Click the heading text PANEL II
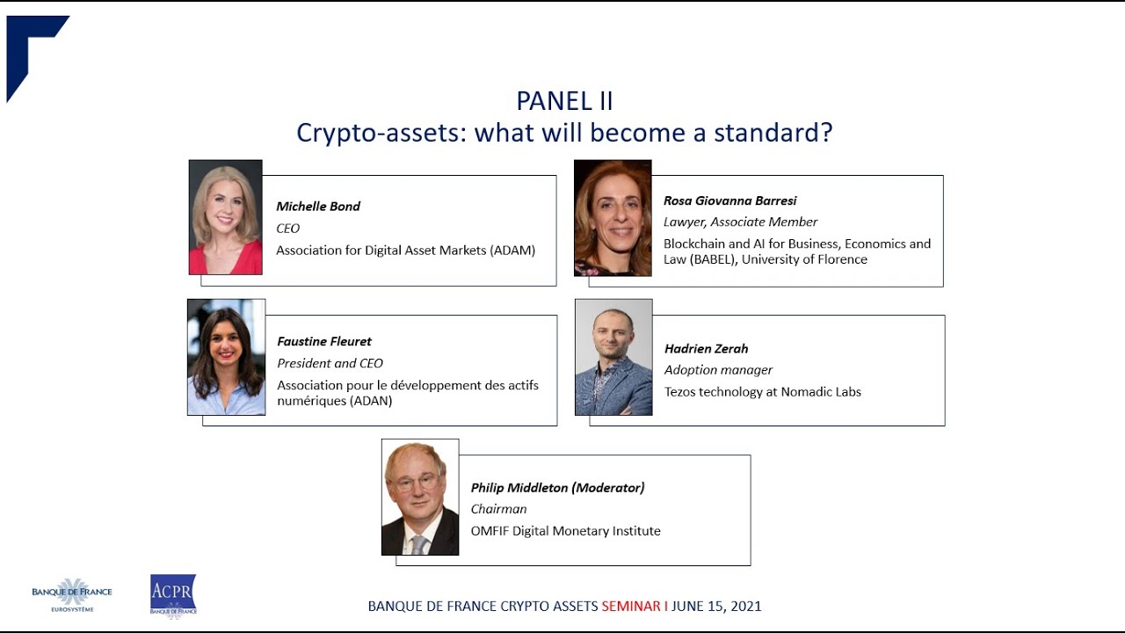(x=564, y=101)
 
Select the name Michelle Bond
(x=318, y=207)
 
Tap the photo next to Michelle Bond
(x=226, y=217)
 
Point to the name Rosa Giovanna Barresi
(x=729, y=200)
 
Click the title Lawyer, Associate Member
(x=740, y=222)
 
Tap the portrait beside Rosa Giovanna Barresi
(x=613, y=218)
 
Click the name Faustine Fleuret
(x=324, y=341)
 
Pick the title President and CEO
(x=330, y=363)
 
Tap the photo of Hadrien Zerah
(x=613, y=357)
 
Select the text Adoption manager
(x=718, y=370)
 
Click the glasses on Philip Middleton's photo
(x=417, y=482)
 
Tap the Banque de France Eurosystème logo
(x=72, y=595)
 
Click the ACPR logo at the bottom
(x=173, y=595)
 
